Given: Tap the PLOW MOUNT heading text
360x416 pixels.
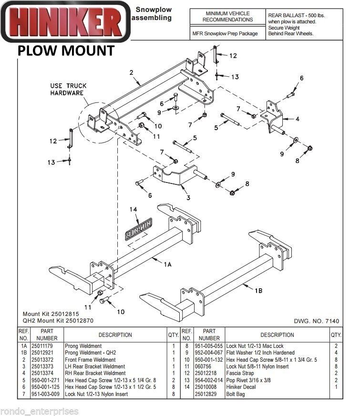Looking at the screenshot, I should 66,51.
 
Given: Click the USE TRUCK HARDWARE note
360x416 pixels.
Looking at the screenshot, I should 69,89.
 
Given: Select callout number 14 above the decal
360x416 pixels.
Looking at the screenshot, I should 133,209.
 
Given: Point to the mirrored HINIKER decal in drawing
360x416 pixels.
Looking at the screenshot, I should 138,229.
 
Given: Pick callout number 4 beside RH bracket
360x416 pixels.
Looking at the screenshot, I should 297,119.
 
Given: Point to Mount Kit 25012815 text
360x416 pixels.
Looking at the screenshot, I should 51,315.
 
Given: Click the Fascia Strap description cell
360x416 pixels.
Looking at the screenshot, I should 241,373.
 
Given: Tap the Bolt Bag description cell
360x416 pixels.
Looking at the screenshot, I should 236,394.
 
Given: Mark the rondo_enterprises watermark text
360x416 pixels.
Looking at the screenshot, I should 39,411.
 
